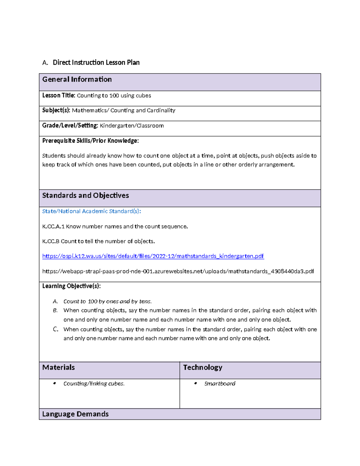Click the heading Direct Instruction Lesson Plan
96,62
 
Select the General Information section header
77,80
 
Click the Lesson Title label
58,95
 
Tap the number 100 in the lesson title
114,96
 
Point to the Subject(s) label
56,110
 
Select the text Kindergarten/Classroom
132,126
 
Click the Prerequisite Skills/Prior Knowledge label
90,141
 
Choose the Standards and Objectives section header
85,196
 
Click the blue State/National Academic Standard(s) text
91,211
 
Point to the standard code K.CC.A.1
53,227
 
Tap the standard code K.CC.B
51,241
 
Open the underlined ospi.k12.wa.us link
153,256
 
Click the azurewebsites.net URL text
178,271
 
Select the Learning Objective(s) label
71,286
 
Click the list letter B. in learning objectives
55,311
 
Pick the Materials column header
58,368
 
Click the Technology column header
202,368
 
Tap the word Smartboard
220,384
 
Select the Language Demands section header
75,414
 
